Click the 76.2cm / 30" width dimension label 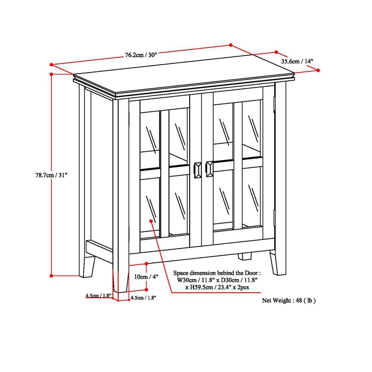pyautogui.click(x=141, y=55)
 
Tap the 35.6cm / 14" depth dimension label pyautogui.click(x=297, y=61)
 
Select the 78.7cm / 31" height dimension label pyautogui.click(x=51, y=175)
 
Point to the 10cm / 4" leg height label pyautogui.click(x=146, y=277)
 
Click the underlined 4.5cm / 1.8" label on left pyautogui.click(x=98, y=296)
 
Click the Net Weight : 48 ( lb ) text pyautogui.click(x=289, y=300)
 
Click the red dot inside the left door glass pyautogui.click(x=151, y=221)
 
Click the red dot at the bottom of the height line pyautogui.click(x=51, y=276)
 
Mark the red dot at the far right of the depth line pyautogui.click(x=318, y=70)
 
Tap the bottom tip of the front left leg pyautogui.click(x=121, y=291)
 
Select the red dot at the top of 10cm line pyautogui.click(x=147, y=264)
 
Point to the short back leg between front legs pyautogui.click(x=245, y=256)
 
